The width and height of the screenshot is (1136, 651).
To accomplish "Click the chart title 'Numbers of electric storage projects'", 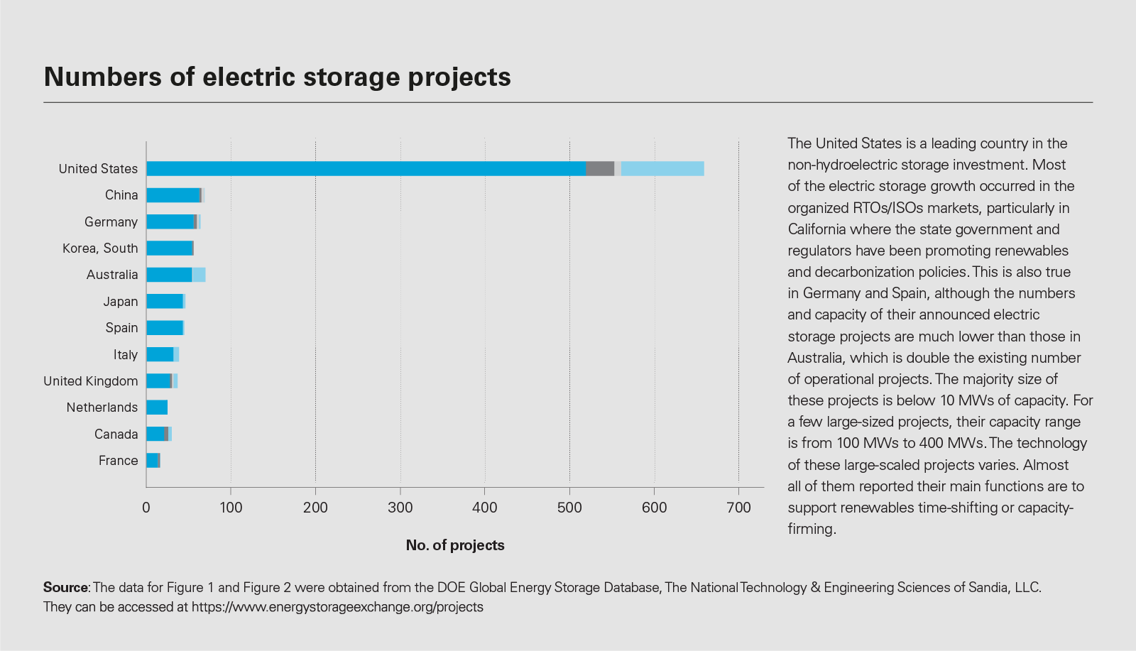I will [277, 77].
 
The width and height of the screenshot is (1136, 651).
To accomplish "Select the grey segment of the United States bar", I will [600, 168].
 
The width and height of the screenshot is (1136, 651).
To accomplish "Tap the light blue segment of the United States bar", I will [662, 168].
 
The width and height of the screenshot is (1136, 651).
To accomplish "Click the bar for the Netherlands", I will [157, 407].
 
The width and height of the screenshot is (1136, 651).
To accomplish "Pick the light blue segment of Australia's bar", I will [199, 275].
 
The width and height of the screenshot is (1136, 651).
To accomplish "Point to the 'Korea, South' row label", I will [100, 248].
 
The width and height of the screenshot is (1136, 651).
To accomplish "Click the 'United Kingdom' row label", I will [91, 381].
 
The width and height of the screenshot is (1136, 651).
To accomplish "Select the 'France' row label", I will [118, 460].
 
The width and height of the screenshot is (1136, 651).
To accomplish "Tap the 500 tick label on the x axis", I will [569, 507].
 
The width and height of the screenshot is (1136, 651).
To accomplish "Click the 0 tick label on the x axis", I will [146, 507].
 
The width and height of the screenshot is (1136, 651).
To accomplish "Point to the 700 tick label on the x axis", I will [738, 507].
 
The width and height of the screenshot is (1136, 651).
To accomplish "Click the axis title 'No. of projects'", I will [455, 545].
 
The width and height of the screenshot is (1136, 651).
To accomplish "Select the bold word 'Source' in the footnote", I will [65, 587].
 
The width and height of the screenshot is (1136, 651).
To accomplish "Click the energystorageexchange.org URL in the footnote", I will [337, 607].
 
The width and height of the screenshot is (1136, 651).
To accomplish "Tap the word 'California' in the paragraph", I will [816, 229].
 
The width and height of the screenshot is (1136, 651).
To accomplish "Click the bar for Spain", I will [165, 328].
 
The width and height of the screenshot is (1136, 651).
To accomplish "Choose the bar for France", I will [152, 460].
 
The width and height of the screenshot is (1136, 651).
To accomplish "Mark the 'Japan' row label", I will [121, 301].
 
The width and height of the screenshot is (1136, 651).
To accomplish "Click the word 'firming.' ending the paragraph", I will [812, 529].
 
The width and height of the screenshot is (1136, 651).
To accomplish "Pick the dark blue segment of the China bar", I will [173, 195].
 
